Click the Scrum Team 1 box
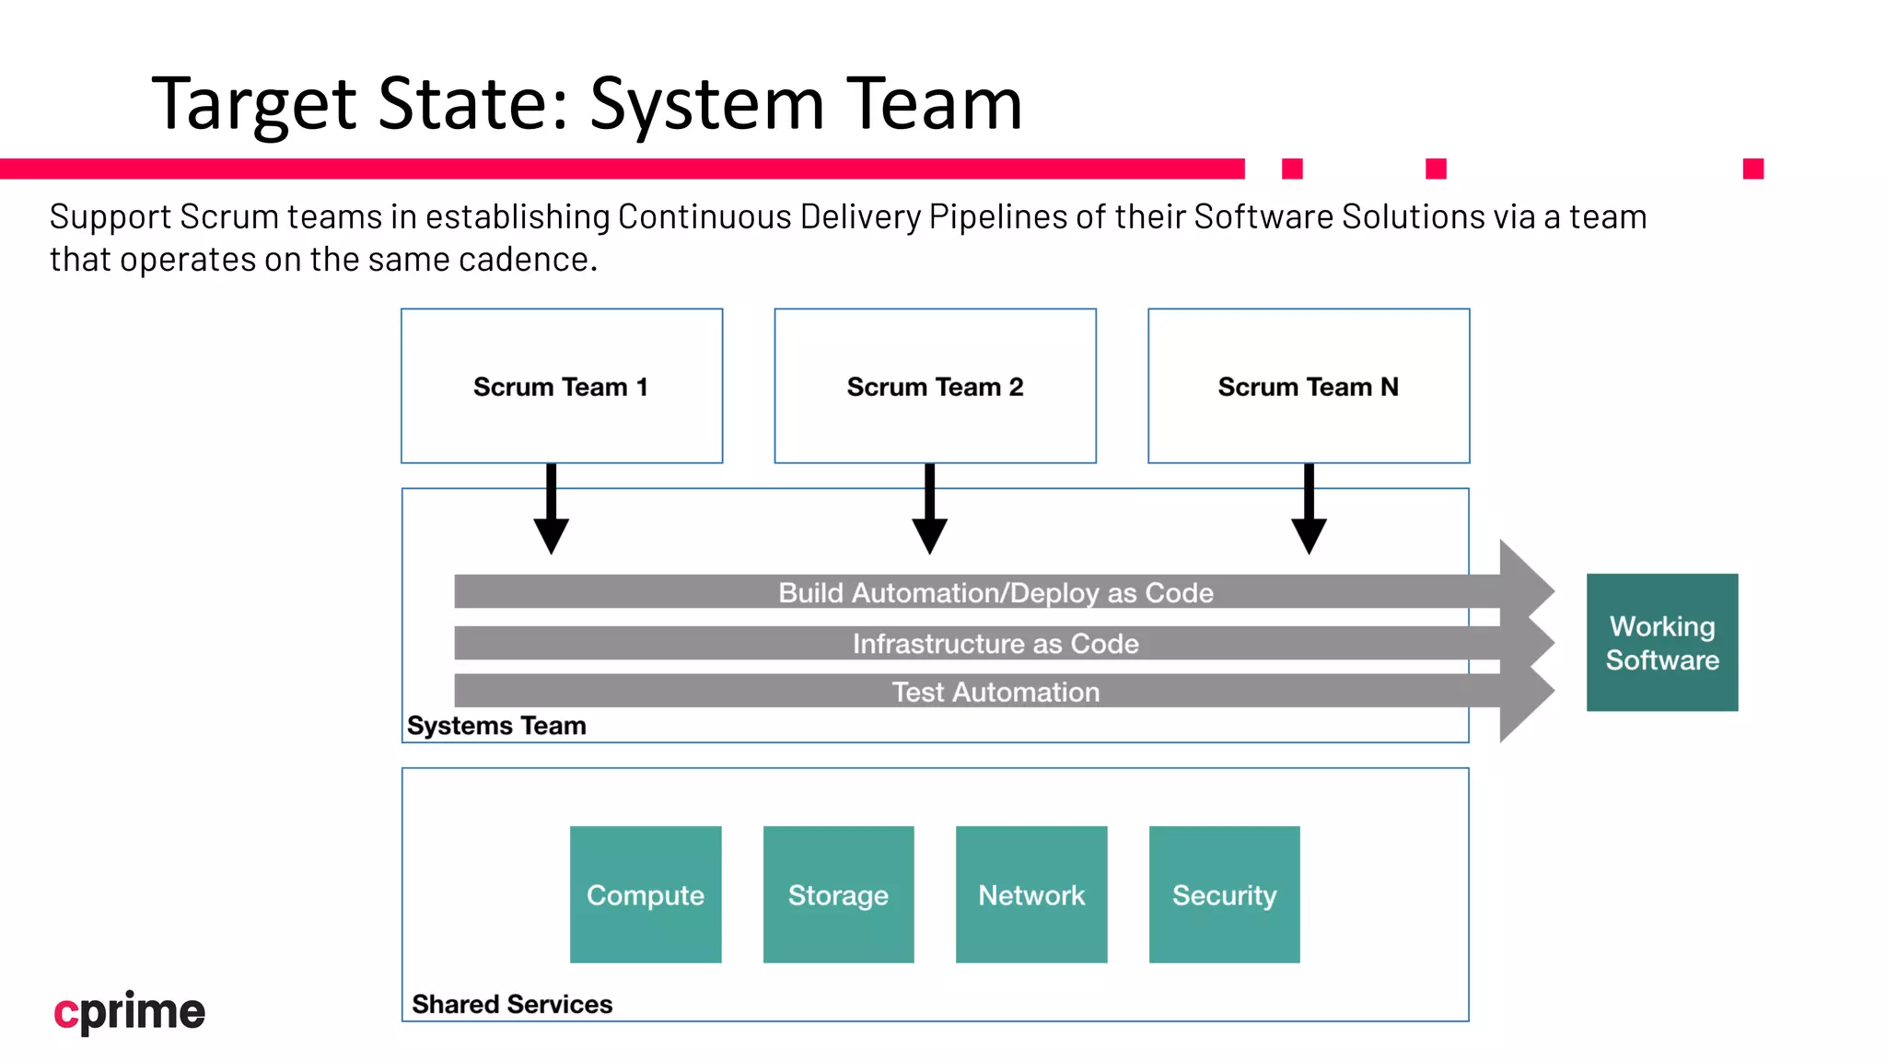562,386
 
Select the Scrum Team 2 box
935,386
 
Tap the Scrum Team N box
1308,386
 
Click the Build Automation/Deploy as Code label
995,592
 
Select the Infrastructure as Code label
995,643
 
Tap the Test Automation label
995,692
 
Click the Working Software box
1662,642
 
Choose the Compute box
646,894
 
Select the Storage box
838,894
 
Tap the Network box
1031,894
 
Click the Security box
1224,894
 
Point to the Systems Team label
496,726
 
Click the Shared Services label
512,1004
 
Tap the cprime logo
129,1012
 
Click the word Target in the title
254,104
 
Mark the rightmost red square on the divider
1753,169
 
